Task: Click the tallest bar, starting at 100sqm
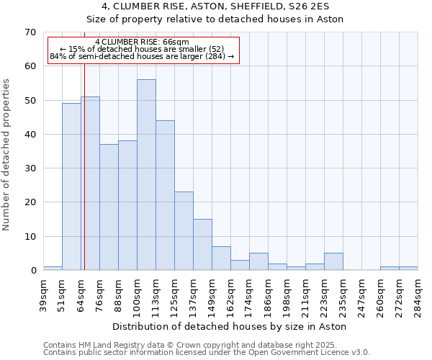146,175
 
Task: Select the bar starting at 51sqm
71,187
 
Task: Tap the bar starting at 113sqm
165,195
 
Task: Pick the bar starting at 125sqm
184,231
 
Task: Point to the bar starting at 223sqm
333,262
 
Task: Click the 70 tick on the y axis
30,32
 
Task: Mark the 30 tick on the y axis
30,168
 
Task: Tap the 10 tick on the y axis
30,237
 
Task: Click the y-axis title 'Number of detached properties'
6,155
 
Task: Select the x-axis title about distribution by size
230,327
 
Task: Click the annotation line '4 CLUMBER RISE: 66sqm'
142,42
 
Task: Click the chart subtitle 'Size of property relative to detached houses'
215,19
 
